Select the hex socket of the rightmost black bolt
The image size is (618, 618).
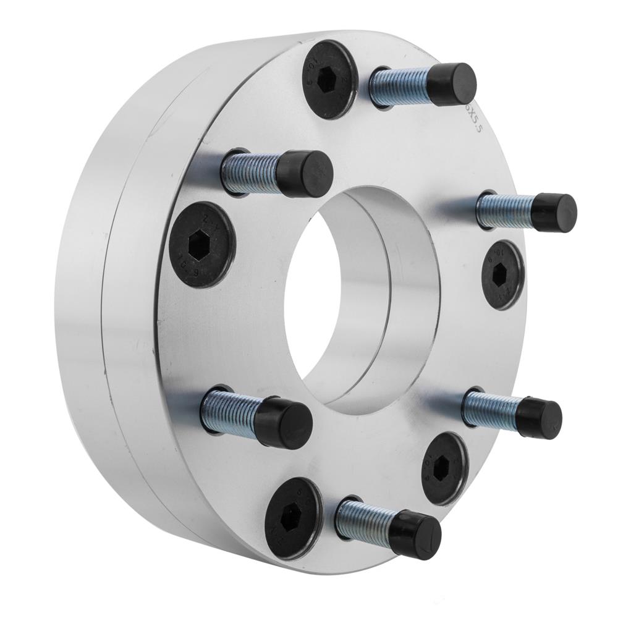[x=501, y=275]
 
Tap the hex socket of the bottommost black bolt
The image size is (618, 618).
[x=290, y=519]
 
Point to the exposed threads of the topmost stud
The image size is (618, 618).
[x=399, y=87]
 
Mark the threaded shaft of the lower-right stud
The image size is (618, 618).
[x=491, y=410]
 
